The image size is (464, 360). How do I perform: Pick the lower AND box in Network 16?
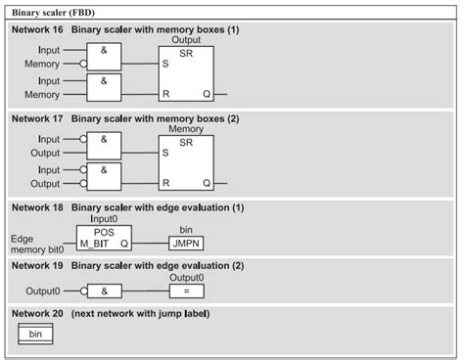point(103,87)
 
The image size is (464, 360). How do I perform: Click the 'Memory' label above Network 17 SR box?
point(186,129)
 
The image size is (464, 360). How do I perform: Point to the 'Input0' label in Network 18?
point(104,220)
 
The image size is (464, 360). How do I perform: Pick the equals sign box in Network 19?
point(186,291)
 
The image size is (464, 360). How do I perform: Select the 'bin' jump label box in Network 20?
point(34,335)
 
